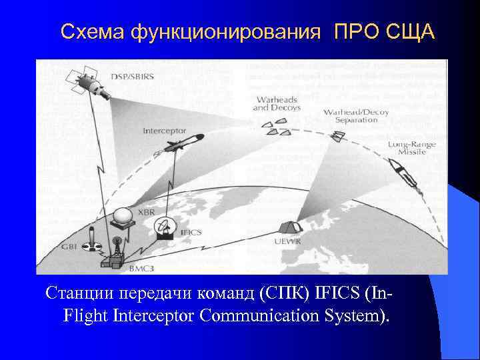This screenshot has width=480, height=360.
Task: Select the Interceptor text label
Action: coord(164,131)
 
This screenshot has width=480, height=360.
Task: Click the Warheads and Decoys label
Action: coord(277,103)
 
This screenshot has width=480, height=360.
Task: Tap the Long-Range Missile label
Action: coord(407,148)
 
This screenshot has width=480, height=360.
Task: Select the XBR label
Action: coord(146,211)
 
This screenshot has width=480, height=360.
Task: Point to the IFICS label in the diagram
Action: coord(191,233)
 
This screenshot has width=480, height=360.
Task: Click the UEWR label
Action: coord(287,241)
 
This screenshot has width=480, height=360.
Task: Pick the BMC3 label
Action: coord(139,267)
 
